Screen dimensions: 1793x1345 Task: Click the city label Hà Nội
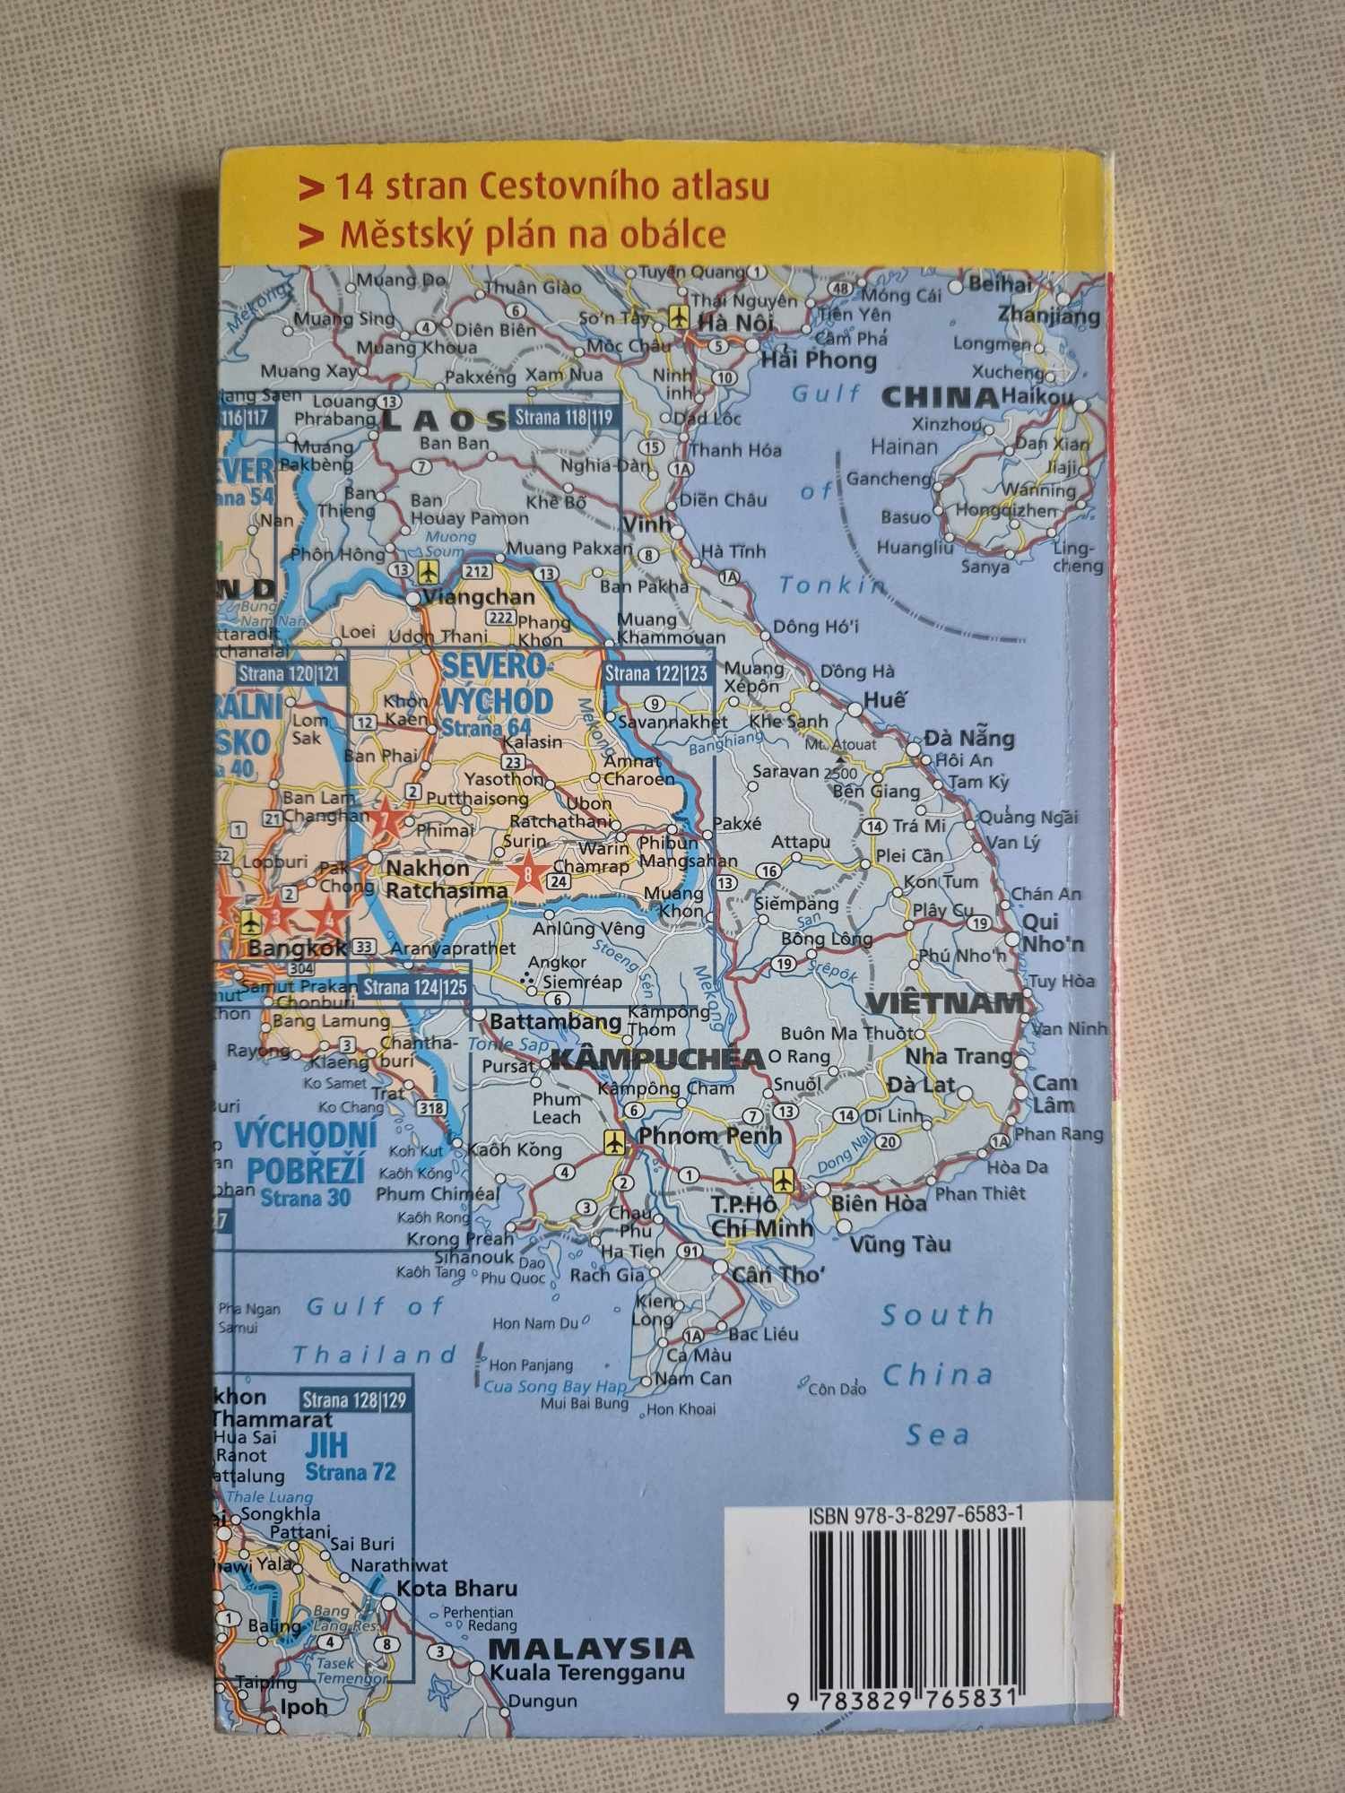coord(734,322)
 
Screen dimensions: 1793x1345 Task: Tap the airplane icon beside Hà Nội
coord(678,317)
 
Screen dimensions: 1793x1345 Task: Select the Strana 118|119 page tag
coord(563,417)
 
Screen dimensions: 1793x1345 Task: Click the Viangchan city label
coord(478,597)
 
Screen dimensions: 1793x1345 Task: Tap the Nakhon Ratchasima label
coord(446,879)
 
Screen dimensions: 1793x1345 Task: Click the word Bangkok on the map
coord(297,948)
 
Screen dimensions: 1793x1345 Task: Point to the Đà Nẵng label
coord(969,739)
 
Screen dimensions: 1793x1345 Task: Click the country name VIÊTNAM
coord(944,1003)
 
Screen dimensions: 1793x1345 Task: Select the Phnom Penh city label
coord(709,1135)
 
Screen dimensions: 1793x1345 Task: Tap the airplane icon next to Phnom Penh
coord(615,1142)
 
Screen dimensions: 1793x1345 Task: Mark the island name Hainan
coord(904,446)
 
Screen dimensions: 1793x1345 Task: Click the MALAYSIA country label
coord(591,1648)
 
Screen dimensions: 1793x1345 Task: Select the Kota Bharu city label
coord(457,1589)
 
